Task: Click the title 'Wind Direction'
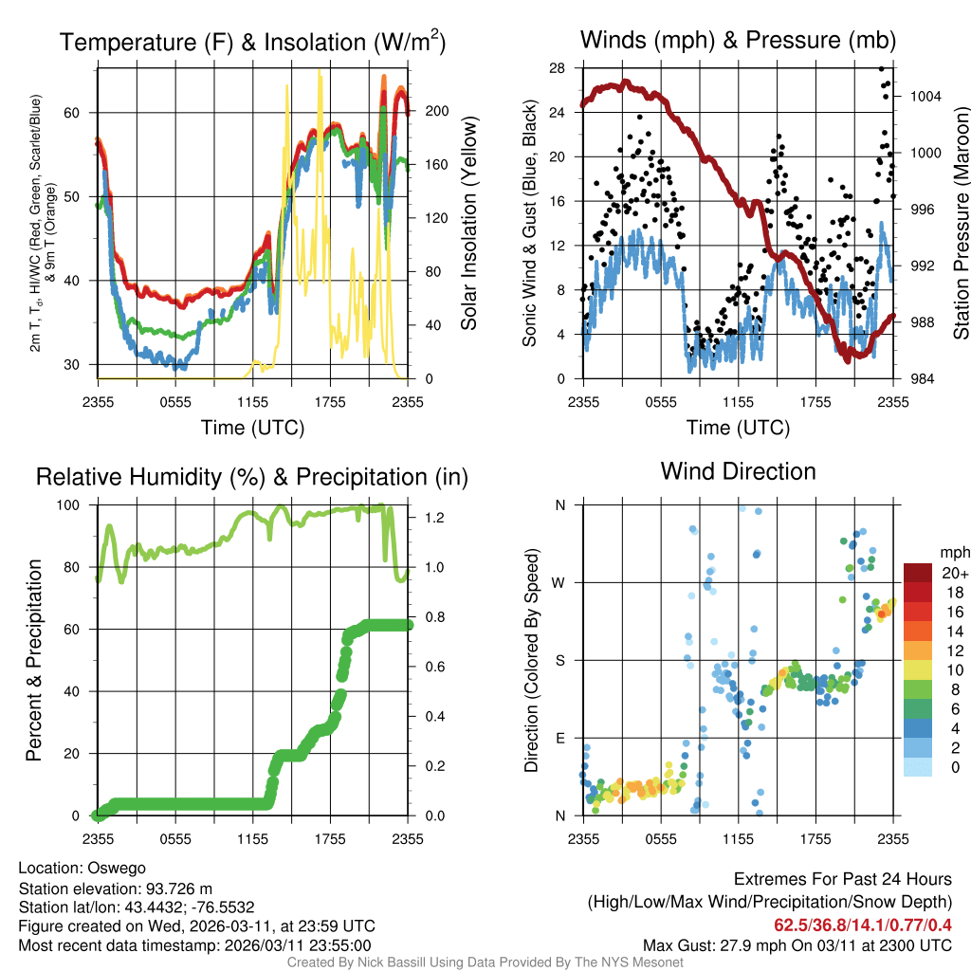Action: tap(738, 471)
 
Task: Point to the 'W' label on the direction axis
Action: tap(559, 582)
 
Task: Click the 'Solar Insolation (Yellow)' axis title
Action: tap(468, 224)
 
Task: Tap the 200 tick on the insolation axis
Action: tap(436, 111)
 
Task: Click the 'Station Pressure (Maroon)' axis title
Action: tap(960, 224)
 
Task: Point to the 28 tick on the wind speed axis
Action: tap(557, 68)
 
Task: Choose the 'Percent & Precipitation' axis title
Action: tap(33, 660)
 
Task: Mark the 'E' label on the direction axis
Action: tap(560, 738)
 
